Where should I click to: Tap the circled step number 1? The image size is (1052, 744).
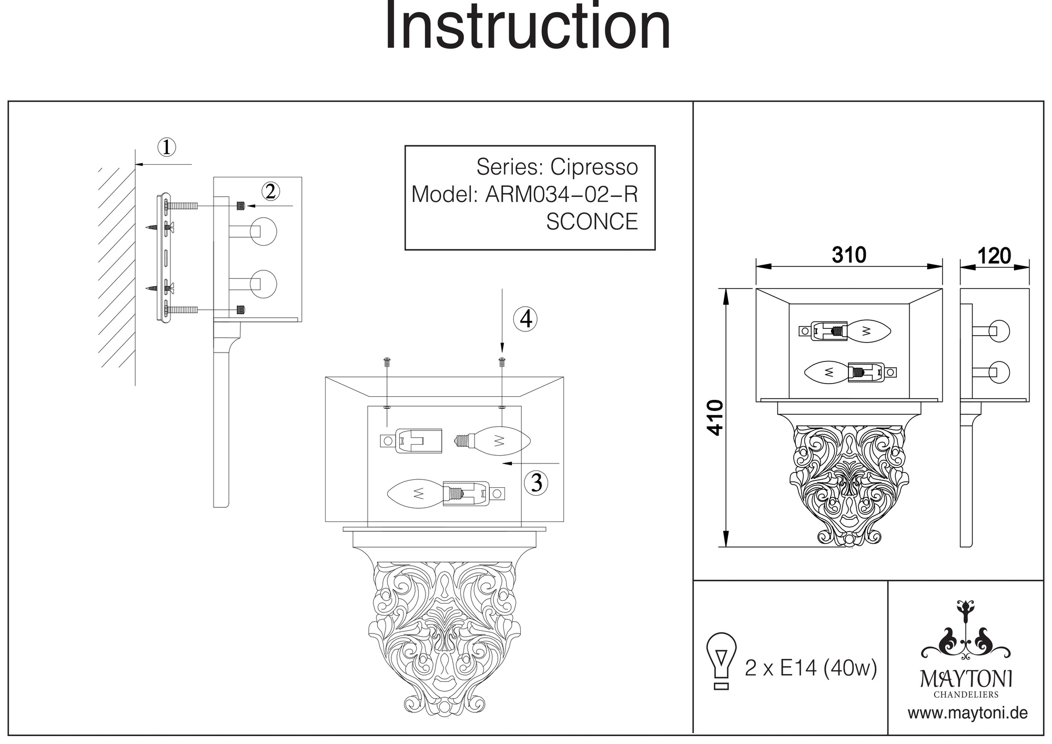pos(167,147)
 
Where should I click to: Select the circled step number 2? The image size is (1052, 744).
pos(270,192)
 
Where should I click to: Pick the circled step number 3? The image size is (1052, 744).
pos(536,482)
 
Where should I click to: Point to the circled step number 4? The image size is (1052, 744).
pos(525,319)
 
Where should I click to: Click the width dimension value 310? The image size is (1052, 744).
pos(849,255)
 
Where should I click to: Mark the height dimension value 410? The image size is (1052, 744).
pos(715,418)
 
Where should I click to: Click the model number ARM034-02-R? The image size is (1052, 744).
pos(561,195)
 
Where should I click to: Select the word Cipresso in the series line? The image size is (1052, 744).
pos(594,167)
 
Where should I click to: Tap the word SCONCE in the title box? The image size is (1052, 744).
pos(592,222)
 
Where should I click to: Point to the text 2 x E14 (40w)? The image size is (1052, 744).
pos(811,668)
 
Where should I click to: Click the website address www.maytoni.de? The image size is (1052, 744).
pos(967,713)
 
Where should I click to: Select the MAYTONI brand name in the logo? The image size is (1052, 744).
pos(966,679)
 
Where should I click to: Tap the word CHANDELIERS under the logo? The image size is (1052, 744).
pos(966,695)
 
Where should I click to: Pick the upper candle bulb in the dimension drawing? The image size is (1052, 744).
pos(868,330)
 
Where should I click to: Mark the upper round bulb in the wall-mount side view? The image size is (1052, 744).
pos(263,232)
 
